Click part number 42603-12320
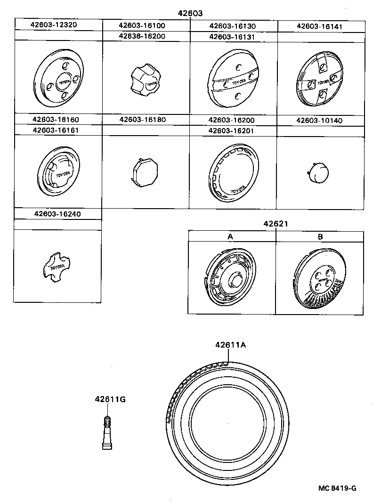58,25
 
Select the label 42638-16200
146,36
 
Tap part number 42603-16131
233,36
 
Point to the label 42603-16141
320,26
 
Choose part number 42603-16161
58,130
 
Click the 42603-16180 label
146,120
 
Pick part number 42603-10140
320,120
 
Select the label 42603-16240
58,214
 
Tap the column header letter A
231,237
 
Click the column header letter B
320,237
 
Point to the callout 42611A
231,345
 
